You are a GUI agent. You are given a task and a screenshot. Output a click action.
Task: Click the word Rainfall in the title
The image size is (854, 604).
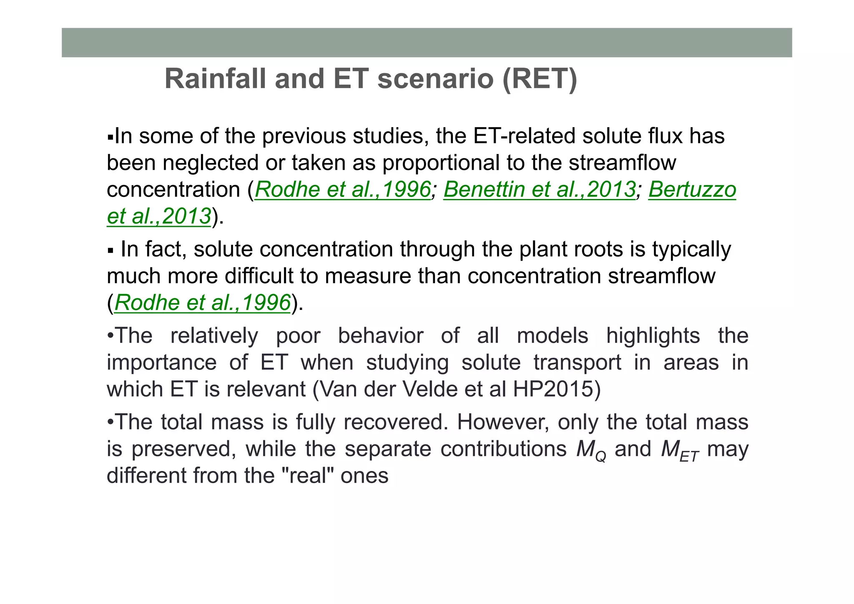(x=215, y=78)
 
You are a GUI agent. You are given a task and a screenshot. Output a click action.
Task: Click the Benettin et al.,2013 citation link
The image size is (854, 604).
(x=539, y=189)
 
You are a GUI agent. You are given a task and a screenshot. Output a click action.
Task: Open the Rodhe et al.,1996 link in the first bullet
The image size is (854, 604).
(x=342, y=189)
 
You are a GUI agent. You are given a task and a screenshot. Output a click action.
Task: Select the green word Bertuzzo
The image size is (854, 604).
(x=692, y=189)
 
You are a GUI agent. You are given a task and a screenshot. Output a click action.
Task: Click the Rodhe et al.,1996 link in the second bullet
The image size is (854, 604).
(x=202, y=302)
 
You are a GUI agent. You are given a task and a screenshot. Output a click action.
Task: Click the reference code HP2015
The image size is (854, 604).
(x=556, y=389)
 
